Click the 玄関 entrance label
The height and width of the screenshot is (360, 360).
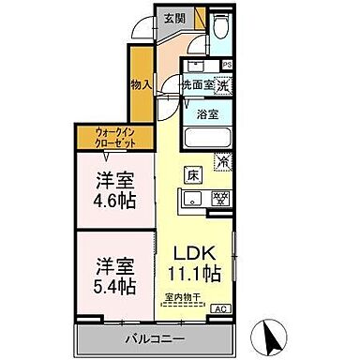coord(174,17)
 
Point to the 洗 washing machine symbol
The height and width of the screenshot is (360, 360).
coord(222,83)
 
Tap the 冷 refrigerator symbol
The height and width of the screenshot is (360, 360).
coord(222,160)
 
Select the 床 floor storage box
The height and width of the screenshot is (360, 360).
coord(192,175)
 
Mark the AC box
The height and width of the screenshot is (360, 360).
coord(221,307)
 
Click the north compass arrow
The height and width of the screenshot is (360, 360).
coord(268,334)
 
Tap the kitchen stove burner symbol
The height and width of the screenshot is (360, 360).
coord(221,198)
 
